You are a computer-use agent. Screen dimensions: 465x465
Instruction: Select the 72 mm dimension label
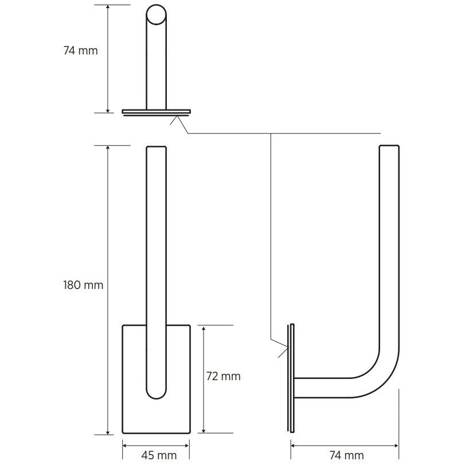click(223, 377)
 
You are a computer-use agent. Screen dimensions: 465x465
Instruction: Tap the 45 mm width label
click(156, 455)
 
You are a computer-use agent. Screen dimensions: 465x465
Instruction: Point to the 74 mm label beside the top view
click(80, 50)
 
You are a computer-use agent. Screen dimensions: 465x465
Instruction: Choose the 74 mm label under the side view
click(346, 455)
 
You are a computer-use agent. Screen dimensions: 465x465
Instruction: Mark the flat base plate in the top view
click(156, 111)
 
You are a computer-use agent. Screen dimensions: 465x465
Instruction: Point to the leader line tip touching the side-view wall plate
click(288, 346)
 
